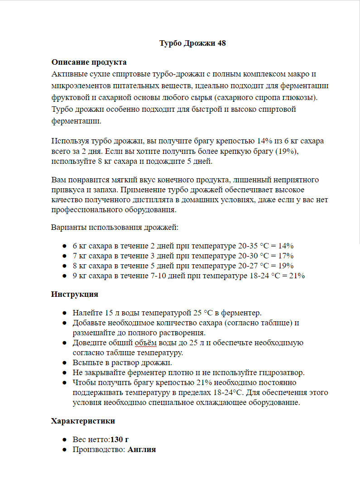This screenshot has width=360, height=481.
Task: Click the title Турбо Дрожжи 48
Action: pyautogui.click(x=192, y=43)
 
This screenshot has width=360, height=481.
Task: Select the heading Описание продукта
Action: pyautogui.click(x=89, y=62)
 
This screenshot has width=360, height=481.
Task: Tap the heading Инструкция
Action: pyautogui.click(x=75, y=294)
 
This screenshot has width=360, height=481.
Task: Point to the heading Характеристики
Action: pyautogui.click(x=83, y=421)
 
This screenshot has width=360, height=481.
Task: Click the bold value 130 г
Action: pyautogui.click(x=120, y=439)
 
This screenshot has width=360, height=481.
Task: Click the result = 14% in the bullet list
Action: pyautogui.click(x=282, y=246)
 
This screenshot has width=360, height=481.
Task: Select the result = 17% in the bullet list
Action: pyautogui.click(x=282, y=256)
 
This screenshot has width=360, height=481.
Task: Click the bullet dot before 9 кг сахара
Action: pyautogui.click(x=65, y=276)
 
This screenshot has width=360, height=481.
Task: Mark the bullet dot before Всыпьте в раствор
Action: pyautogui.click(x=65, y=362)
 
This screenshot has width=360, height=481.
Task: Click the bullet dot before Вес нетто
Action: pyautogui.click(x=65, y=439)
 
